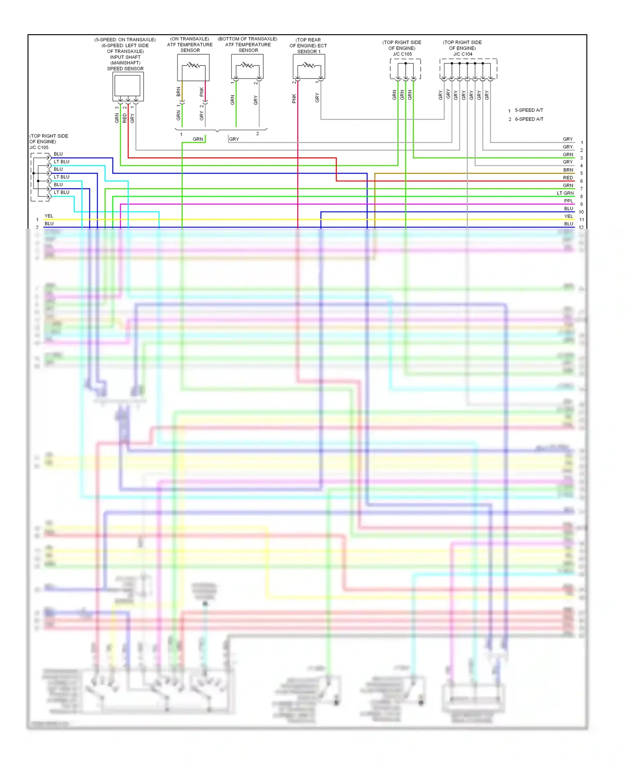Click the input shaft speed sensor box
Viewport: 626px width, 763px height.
coord(128,86)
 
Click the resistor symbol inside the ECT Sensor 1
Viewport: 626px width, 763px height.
coord(309,65)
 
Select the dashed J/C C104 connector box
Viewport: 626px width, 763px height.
coord(468,69)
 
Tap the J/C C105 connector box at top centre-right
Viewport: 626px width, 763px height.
coord(405,69)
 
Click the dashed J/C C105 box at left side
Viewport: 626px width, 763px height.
coord(40,177)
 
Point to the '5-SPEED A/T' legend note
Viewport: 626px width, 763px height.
coord(529,110)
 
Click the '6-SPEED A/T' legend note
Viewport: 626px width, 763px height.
coord(529,119)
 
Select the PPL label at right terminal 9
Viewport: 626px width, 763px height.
coord(568,201)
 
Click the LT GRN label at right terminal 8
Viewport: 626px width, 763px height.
coord(565,193)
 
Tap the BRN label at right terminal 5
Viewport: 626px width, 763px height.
coord(568,170)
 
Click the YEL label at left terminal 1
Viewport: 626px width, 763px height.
coord(49,216)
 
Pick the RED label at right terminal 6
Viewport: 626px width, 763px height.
coord(568,178)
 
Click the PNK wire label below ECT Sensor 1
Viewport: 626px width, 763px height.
coord(294,99)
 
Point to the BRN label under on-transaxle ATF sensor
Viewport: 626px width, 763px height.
coord(179,91)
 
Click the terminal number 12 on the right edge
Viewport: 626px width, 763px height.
coord(581,227)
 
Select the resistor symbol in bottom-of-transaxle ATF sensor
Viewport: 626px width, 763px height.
coord(247,65)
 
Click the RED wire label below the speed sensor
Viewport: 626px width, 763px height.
coord(124,118)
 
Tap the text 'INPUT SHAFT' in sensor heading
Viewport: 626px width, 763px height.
coord(125,57)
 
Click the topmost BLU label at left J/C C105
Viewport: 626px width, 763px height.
coord(58,154)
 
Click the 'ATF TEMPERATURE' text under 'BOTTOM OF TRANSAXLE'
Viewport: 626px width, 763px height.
coord(248,45)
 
